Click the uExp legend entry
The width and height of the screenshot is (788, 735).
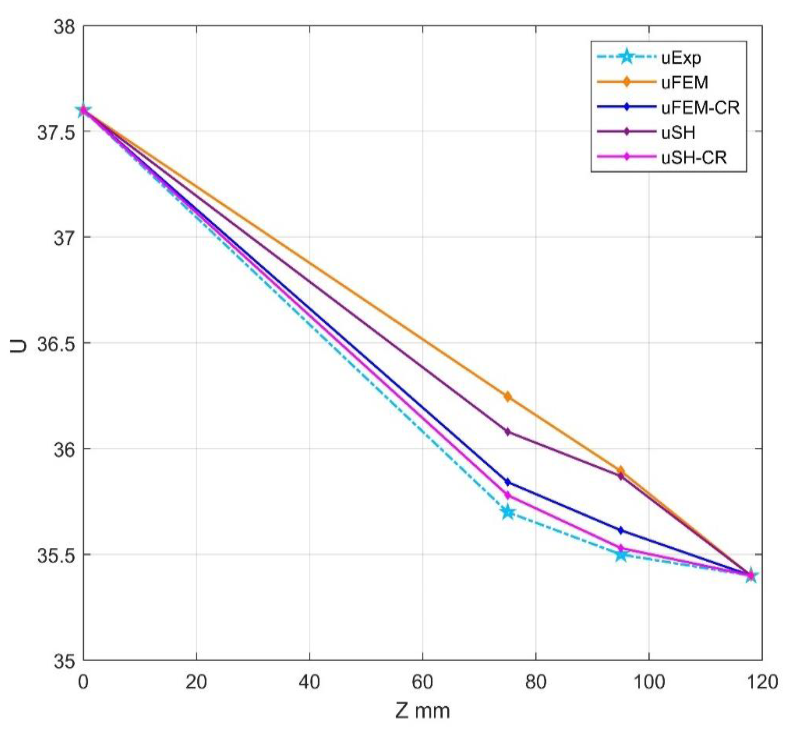[x=681, y=58]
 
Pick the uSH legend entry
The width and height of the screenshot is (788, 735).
[x=678, y=132]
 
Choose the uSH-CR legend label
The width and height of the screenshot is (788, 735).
[x=694, y=157]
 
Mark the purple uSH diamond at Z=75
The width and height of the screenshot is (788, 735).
[x=508, y=432]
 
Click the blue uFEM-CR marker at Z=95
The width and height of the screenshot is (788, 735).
[x=621, y=530]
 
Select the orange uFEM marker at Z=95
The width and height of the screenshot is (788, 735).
[x=621, y=471]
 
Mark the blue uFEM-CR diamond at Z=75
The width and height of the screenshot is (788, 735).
[x=508, y=482]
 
